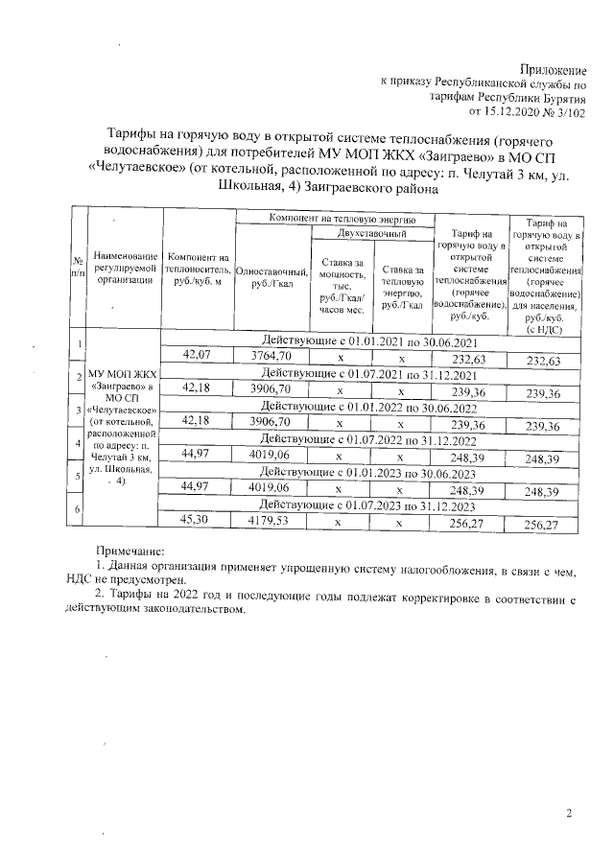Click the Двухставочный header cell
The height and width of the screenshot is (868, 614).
(372, 233)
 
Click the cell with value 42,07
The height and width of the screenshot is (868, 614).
(197, 357)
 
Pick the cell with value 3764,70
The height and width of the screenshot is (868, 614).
(271, 357)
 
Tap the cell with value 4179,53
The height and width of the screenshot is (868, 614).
(271, 523)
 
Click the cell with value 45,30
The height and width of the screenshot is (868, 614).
(197, 523)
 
